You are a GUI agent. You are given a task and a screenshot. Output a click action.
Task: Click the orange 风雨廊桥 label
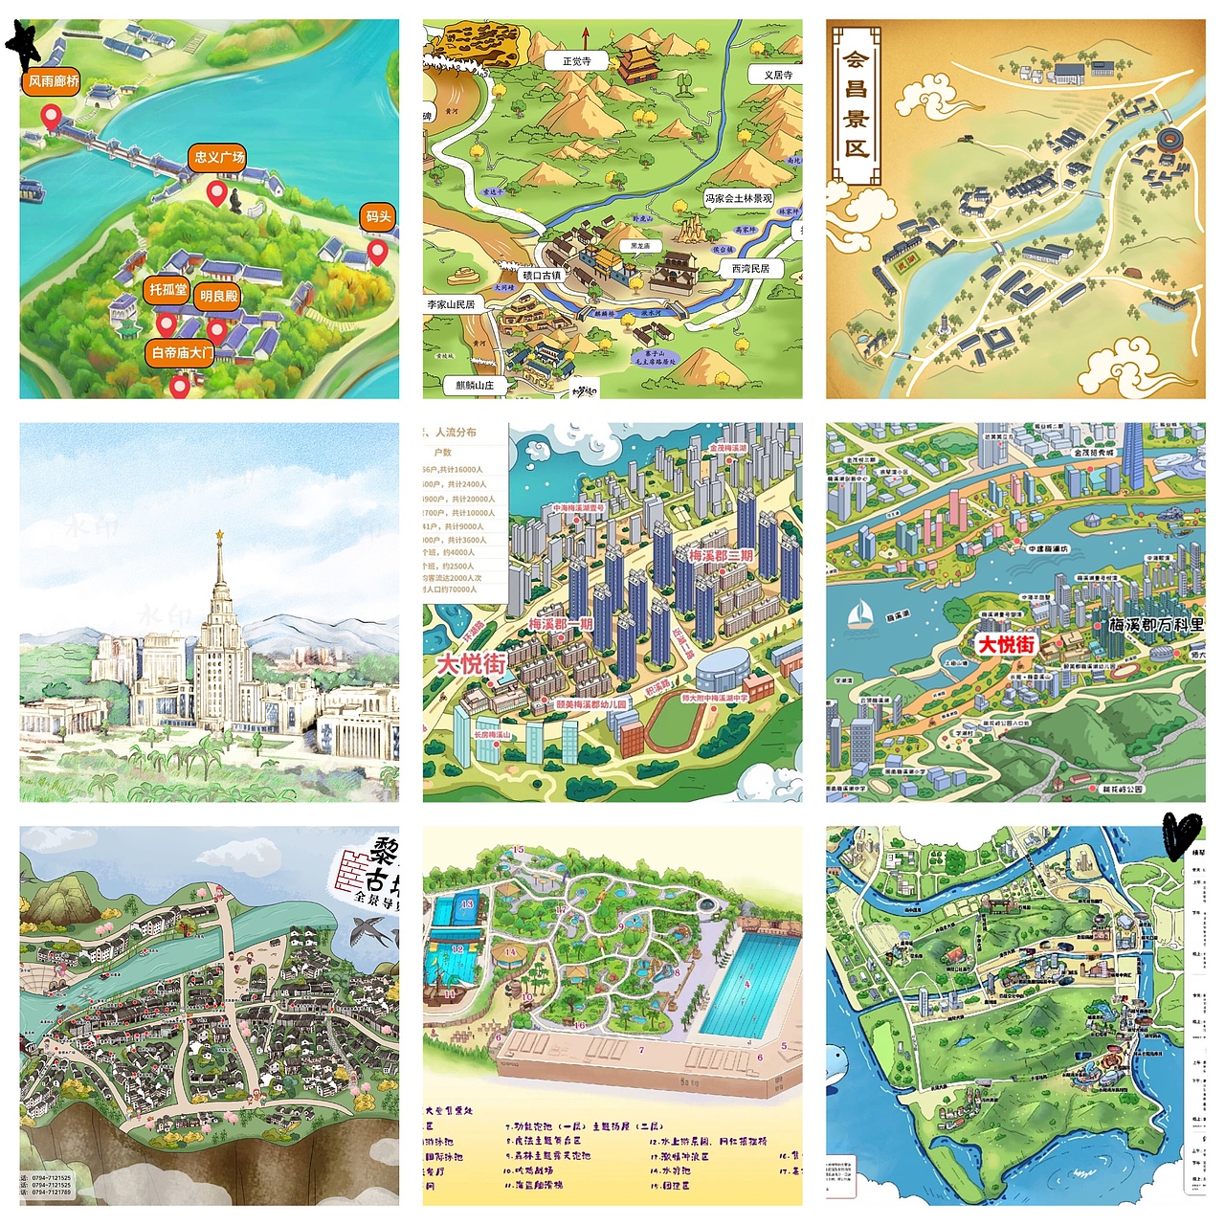tap(54, 81)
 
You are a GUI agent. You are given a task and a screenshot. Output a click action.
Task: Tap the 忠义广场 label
tap(219, 157)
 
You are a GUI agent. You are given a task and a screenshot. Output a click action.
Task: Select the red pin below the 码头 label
tap(378, 254)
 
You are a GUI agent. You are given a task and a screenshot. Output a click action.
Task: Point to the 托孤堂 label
tap(168, 289)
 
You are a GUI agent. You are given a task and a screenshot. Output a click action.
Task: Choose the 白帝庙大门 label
tap(183, 352)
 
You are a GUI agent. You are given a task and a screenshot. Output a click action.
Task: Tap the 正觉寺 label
tap(576, 61)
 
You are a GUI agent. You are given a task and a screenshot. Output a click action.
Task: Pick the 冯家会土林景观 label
tap(738, 198)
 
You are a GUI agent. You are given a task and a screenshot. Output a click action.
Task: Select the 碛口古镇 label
tap(542, 276)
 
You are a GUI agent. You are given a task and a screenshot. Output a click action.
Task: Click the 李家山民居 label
tap(451, 304)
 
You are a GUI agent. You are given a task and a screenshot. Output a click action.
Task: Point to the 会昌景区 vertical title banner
tap(856, 104)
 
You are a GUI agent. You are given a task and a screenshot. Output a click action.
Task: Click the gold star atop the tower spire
tap(219, 534)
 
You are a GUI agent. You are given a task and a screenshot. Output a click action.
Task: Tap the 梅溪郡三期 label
tap(721, 555)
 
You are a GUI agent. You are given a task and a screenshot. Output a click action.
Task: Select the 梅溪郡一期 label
tap(561, 624)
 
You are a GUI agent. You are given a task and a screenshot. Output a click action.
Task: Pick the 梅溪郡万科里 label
tap(1155, 625)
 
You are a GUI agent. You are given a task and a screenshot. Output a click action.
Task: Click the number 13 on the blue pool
tap(467, 903)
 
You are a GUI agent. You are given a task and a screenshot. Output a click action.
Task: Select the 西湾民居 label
tap(750, 269)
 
